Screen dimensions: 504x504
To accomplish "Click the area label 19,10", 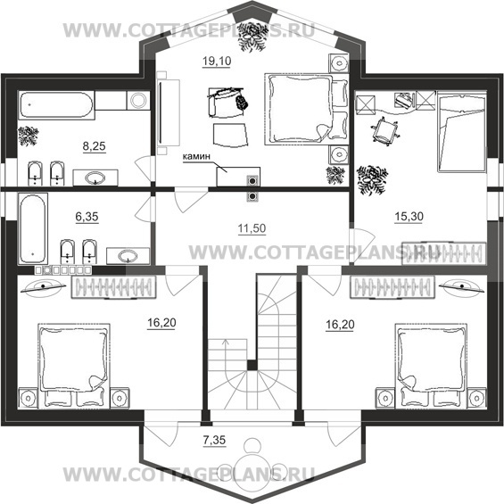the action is point(217,61).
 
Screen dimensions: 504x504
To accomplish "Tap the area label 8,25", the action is point(95,146).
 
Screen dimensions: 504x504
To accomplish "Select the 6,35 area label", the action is point(87,217).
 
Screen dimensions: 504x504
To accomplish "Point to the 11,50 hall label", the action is point(252,228).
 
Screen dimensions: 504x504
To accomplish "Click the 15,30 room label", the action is point(409,217).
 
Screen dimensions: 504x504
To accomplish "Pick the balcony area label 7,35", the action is point(214,440).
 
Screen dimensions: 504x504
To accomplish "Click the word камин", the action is point(196,156).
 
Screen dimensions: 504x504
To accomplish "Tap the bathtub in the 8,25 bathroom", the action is point(56,105).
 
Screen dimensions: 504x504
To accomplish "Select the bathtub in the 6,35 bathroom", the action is point(33,228).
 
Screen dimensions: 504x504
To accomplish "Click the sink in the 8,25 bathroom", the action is point(95,178).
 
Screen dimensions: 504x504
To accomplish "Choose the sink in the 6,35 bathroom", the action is point(128,256).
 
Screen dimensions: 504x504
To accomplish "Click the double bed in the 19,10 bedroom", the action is point(306,110).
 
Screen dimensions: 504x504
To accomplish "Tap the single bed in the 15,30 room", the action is point(461,132).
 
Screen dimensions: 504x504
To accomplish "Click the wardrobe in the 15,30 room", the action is point(444,253).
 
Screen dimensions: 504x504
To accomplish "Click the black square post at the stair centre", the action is point(252,365).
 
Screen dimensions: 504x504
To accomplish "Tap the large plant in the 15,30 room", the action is point(372,180).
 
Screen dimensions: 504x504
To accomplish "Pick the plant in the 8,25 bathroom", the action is point(29,136).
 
